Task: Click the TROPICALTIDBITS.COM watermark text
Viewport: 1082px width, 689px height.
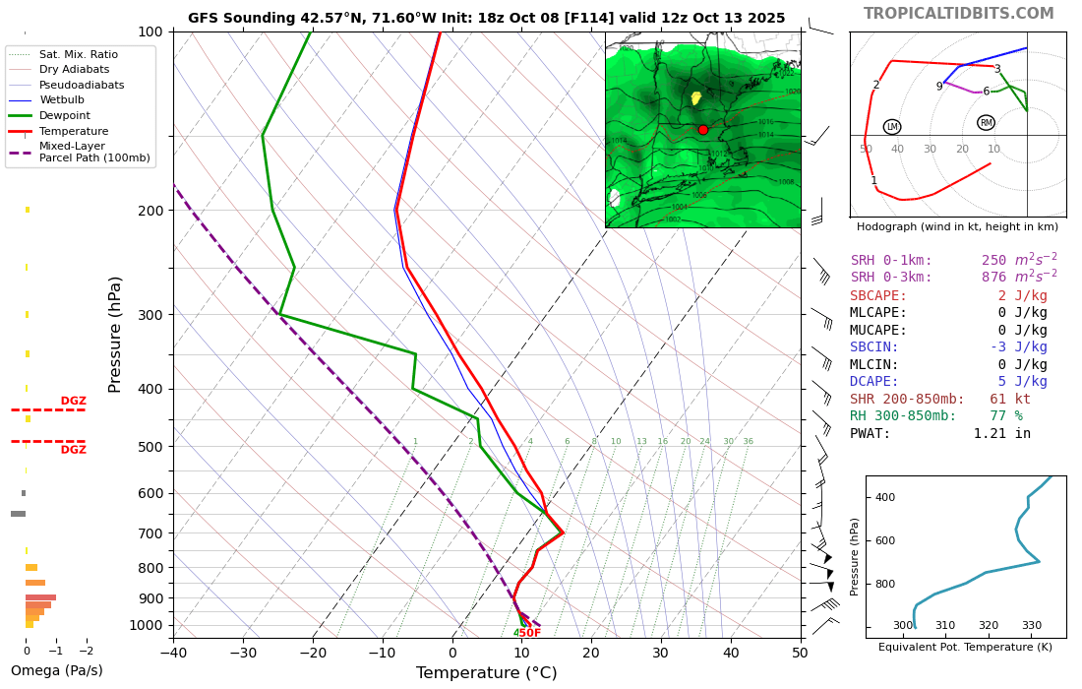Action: tap(958, 14)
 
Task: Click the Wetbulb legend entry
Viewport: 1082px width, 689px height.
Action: tap(61, 99)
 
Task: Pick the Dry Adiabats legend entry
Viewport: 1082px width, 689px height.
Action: tap(74, 69)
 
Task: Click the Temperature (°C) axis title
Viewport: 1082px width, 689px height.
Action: tap(486, 673)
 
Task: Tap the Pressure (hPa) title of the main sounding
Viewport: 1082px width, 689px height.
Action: tap(115, 335)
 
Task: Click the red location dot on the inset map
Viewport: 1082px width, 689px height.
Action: tap(702, 130)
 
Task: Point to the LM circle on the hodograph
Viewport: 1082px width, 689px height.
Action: tap(892, 127)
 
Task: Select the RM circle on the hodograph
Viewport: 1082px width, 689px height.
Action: tap(986, 123)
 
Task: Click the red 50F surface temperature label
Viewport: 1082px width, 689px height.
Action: tap(530, 633)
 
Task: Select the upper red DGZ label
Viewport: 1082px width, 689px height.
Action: tap(74, 401)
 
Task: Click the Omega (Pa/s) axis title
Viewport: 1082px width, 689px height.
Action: tap(56, 670)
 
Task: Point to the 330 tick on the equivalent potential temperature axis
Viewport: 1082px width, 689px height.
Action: tap(1031, 625)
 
